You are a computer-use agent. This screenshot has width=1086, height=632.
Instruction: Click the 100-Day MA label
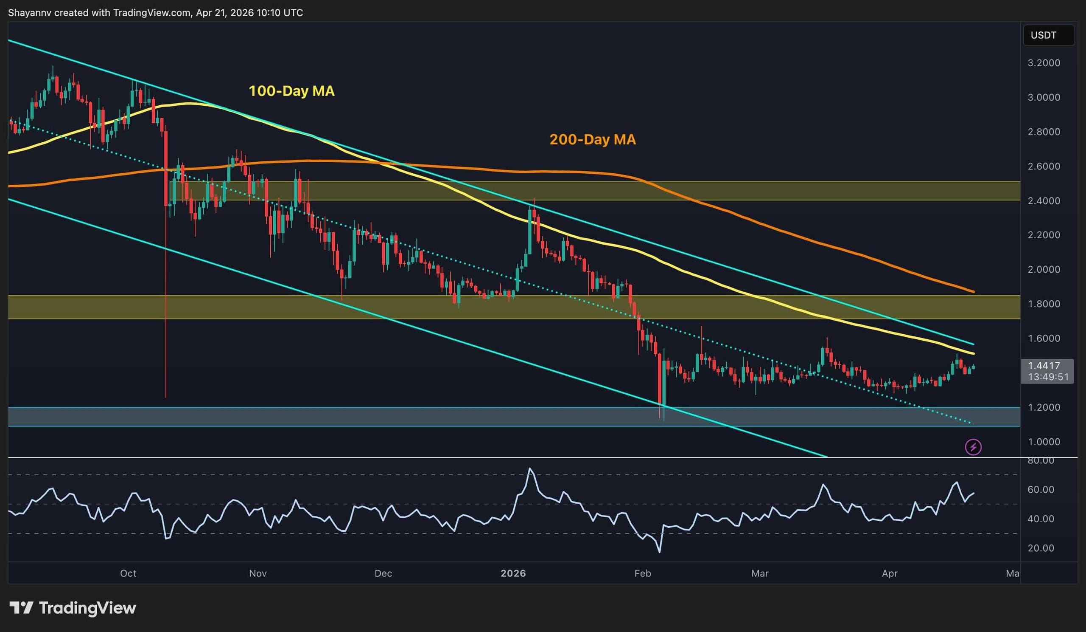tap(291, 91)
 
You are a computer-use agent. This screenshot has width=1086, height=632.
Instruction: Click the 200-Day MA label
tap(592, 140)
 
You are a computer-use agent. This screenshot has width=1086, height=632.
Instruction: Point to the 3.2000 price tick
tap(1044, 63)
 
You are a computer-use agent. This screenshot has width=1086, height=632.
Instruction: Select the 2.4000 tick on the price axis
tap(1044, 200)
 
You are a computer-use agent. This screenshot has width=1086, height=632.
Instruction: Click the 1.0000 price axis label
tap(1044, 442)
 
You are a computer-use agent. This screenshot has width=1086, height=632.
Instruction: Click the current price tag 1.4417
tap(1044, 366)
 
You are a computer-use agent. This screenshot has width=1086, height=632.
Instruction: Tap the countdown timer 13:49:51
tap(1048, 377)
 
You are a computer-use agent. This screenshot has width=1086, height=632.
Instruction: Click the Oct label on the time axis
tap(128, 573)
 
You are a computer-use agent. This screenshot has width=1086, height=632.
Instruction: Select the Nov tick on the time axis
tap(258, 573)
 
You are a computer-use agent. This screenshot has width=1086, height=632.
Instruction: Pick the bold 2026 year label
tap(513, 573)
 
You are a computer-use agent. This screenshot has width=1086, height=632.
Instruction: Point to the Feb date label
tap(643, 573)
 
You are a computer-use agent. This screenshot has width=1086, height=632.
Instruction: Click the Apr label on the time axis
tap(890, 573)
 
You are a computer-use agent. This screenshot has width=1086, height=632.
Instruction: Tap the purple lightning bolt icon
tap(973, 447)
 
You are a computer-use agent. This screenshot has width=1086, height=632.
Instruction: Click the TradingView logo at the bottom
tap(73, 608)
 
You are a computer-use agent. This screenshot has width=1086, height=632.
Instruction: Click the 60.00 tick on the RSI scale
tap(1041, 490)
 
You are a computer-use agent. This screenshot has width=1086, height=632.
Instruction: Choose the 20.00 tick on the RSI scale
tap(1041, 548)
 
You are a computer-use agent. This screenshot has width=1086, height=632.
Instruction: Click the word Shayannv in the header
tap(29, 13)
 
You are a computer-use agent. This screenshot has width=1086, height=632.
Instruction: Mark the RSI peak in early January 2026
tap(530, 468)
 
